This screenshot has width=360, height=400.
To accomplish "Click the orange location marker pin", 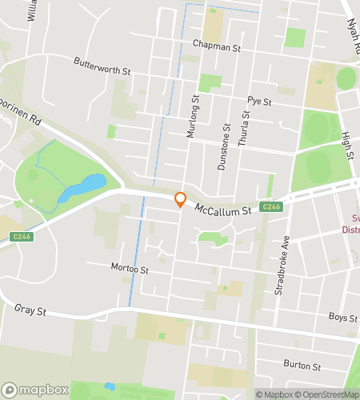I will [x=181, y=200].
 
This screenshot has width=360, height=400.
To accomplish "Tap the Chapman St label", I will [x=216, y=47].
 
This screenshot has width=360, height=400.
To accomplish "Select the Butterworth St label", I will [x=102, y=66].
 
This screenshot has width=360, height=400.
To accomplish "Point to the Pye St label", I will [x=260, y=102].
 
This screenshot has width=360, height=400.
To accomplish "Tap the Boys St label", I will [x=343, y=318].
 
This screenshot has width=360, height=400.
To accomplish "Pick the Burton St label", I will [x=302, y=365].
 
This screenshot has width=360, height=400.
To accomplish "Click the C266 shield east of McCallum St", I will [x=272, y=207].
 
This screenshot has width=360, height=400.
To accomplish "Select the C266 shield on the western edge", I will [x=22, y=235].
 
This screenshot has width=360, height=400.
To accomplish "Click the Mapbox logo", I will [x=34, y=390].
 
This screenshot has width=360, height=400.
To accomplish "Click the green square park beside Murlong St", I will [x=210, y=82].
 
